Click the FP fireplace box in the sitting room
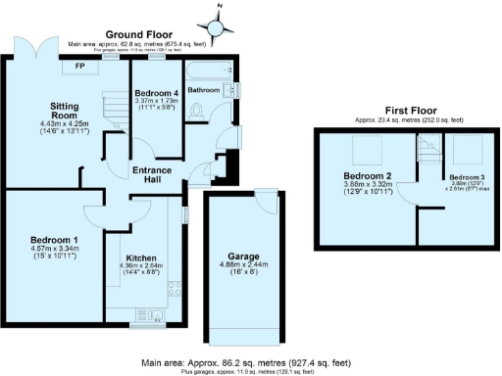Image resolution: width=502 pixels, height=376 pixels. (x=79, y=67)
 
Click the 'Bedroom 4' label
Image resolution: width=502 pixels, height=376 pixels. (x=158, y=94)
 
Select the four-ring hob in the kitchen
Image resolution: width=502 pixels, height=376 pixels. (x=176, y=289)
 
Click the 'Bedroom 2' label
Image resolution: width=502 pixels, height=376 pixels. (x=353, y=176)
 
